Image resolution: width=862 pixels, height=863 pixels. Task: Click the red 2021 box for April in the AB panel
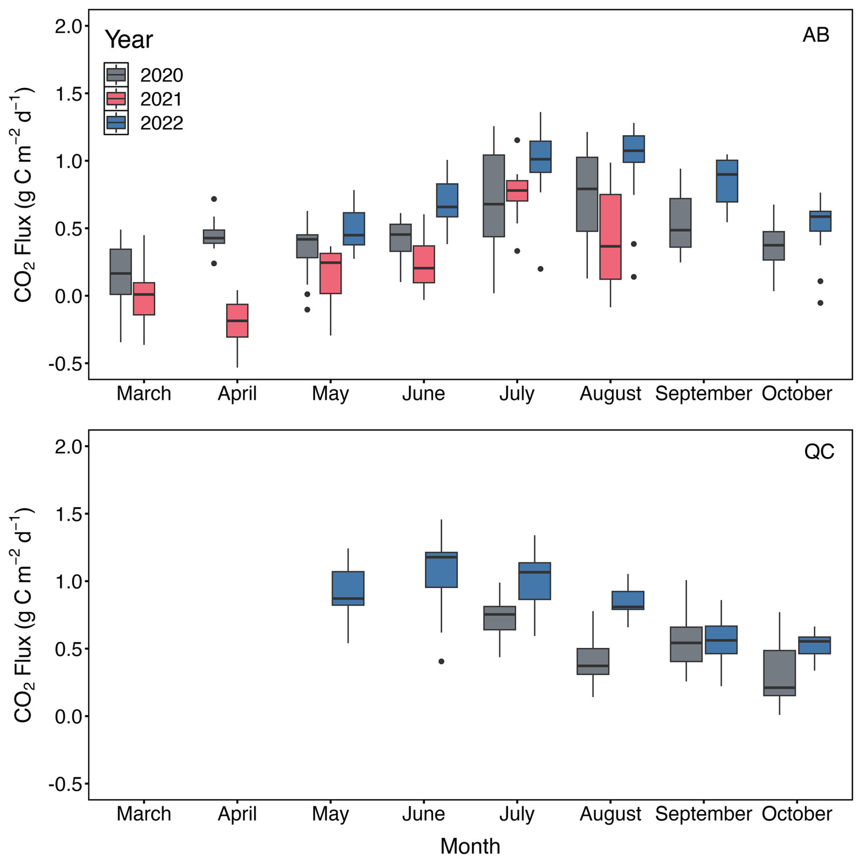point(237,320)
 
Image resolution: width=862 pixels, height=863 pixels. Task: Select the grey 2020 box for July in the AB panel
point(494,196)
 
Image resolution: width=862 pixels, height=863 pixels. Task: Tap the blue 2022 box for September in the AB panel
point(727,181)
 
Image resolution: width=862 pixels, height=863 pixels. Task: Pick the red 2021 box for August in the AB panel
point(610,237)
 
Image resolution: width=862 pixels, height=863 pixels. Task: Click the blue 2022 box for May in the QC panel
point(348,588)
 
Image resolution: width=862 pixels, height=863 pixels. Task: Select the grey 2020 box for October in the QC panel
point(779,673)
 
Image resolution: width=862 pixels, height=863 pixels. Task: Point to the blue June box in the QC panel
point(441,570)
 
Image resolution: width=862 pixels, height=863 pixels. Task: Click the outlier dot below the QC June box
point(441,661)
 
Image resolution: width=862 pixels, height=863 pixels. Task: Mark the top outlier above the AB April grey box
point(214,199)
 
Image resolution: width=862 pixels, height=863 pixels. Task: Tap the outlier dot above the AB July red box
point(517,140)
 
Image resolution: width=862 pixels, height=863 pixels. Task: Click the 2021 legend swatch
point(116,99)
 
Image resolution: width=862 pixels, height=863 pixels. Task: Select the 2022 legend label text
point(162,123)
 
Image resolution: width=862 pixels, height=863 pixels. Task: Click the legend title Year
point(129,40)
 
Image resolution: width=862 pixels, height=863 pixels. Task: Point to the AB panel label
point(816,35)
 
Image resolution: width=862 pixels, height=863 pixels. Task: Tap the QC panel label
point(819,452)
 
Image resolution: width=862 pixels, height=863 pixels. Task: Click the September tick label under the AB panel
point(703,393)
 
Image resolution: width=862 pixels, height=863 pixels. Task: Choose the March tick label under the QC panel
point(144,814)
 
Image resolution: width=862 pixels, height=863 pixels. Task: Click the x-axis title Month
point(470,846)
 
